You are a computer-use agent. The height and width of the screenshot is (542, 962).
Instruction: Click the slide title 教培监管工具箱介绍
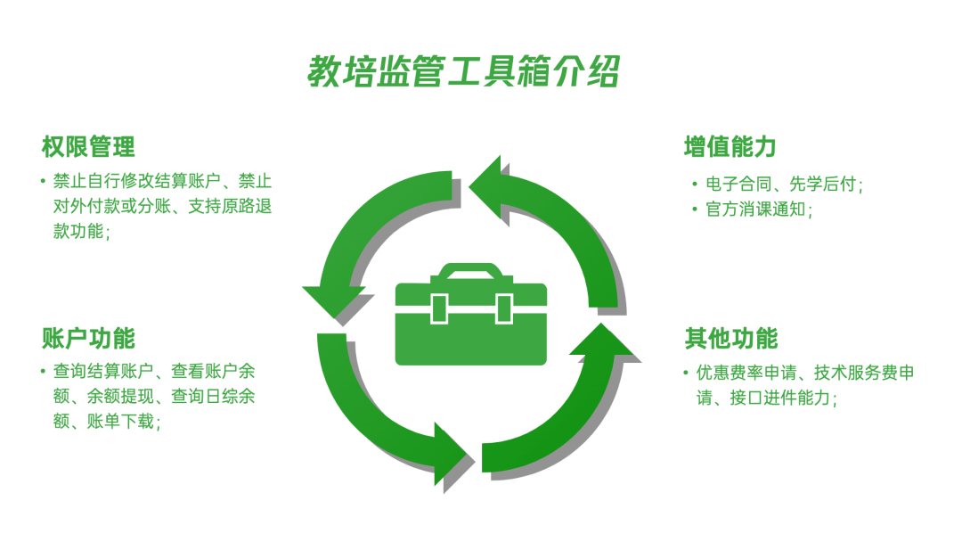tap(463, 71)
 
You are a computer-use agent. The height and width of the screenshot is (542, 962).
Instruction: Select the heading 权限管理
tap(88, 147)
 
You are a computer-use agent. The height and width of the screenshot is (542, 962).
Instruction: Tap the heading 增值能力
tap(730, 147)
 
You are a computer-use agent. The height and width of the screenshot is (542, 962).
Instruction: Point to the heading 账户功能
tap(88, 338)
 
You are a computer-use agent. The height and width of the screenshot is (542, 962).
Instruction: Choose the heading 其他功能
tap(731, 338)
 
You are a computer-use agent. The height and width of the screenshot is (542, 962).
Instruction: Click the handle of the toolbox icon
tap(470, 271)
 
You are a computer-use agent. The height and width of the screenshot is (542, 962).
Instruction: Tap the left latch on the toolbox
tap(439, 308)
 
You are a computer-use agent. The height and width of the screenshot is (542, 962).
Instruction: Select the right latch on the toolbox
tap(503, 308)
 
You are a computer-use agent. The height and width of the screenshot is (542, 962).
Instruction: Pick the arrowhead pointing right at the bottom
tap(451, 455)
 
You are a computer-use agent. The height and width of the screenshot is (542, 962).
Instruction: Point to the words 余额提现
tap(120, 396)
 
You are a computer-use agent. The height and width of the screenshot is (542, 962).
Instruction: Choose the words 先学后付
tap(822, 184)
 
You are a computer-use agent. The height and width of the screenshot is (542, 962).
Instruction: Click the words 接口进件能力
tap(779, 398)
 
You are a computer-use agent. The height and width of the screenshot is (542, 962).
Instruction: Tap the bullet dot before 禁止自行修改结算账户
tap(43, 181)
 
